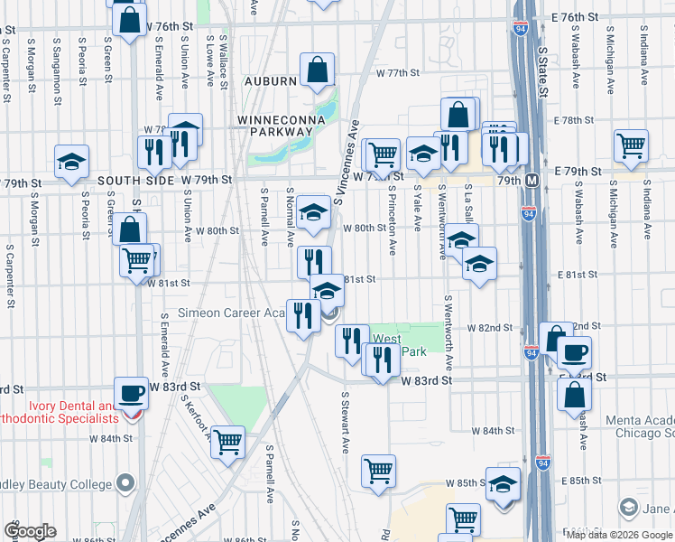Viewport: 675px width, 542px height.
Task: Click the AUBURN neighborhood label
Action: point(267,81)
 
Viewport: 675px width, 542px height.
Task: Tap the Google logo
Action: point(30,531)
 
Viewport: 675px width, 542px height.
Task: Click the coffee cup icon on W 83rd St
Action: point(133,392)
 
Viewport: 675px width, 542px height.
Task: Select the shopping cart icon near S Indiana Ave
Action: point(630,144)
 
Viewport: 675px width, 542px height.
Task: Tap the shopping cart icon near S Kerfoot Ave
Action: point(227,442)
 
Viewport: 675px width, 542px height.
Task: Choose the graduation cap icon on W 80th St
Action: point(313,211)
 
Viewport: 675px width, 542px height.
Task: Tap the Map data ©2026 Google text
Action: point(618,535)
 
